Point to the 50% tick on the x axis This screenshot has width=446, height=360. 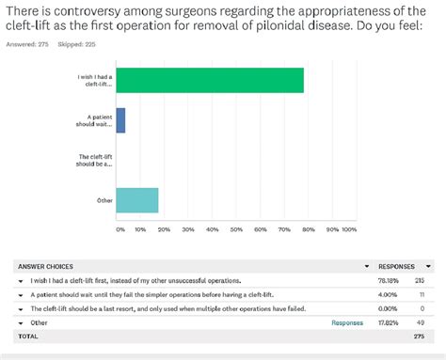pos(234,228)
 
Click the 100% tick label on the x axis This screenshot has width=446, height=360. pos(349,228)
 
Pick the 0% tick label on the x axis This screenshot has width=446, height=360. pos(119,228)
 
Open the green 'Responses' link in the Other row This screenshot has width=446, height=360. pos(347,321)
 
